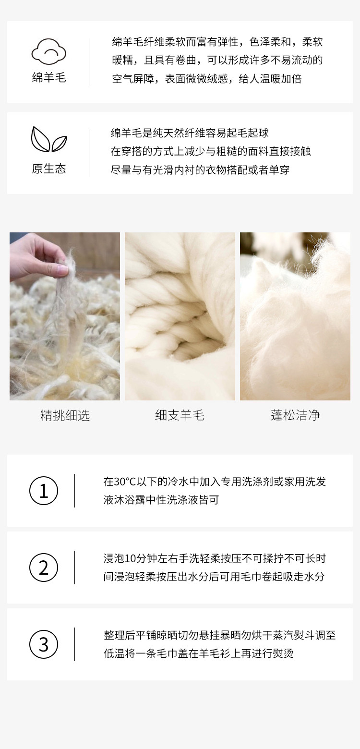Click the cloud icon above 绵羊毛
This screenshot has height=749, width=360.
pos(49,51)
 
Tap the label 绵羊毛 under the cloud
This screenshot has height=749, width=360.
pos(49,78)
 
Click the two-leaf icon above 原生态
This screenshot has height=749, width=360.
pos(49,139)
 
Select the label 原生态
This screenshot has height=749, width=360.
pos(49,169)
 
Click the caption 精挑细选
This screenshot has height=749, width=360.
pos(65,415)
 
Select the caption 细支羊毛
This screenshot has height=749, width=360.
pos(180,415)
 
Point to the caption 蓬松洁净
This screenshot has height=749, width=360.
pos(295,415)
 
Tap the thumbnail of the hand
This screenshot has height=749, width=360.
pos(65,316)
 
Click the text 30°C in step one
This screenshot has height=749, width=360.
pos(125,482)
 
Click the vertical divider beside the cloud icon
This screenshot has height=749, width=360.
pos(89,62)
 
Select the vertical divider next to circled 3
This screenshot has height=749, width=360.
pos(74,644)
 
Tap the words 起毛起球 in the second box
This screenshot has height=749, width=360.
pos(248,133)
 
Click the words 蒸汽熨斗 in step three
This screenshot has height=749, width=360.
pos(293,635)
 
